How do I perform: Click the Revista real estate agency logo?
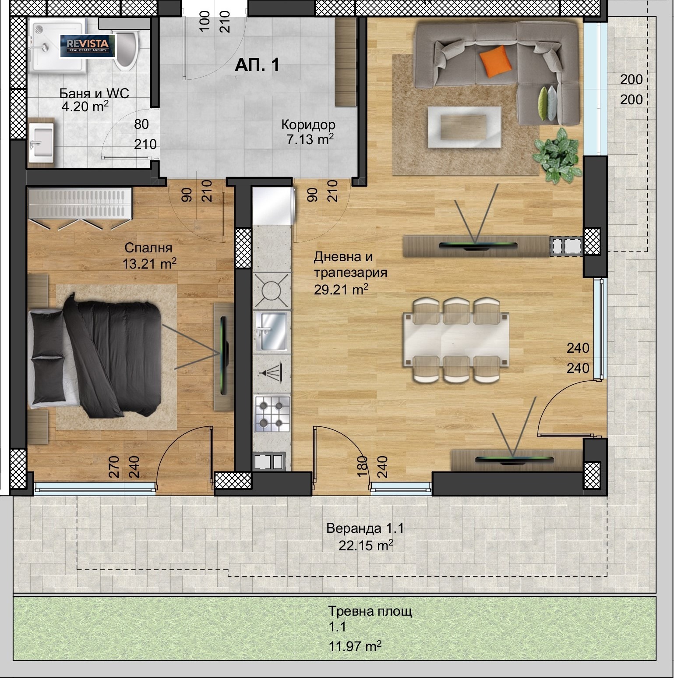[88, 46]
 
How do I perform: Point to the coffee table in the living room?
[464, 127]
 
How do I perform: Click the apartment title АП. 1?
[257, 65]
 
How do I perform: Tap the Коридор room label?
[308, 125]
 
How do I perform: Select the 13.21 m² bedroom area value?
[150, 263]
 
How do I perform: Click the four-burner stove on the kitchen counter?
[272, 412]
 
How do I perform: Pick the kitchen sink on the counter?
[272, 331]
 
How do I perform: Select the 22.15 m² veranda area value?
[366, 546]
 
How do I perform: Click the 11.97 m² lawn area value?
[355, 646]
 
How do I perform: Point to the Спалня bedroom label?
[148, 248]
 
